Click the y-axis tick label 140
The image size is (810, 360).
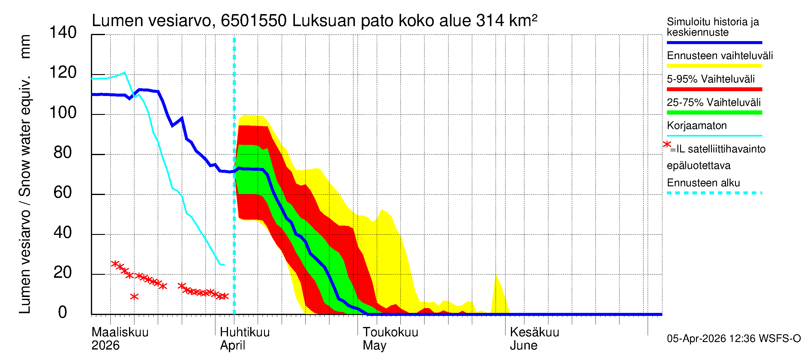63,33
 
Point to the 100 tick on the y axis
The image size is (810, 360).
63,113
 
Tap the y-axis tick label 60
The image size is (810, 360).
63,193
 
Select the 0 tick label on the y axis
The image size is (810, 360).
63,313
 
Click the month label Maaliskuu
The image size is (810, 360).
120,332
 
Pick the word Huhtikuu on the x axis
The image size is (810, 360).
244,332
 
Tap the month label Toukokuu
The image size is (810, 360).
390,332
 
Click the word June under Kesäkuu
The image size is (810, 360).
523,346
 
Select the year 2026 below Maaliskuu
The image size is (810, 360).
105,346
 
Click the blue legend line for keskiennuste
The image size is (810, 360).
714,42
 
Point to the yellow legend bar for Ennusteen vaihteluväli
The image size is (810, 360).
714,66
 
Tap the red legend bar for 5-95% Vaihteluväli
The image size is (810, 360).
714,89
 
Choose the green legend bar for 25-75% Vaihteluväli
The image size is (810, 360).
714,112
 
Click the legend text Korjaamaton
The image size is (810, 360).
697,126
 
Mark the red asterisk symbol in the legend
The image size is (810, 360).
667,145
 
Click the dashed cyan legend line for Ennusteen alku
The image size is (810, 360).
714,193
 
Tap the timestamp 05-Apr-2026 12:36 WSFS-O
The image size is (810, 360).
733,339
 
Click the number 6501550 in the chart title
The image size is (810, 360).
253,21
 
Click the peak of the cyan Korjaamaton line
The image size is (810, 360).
125,73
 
